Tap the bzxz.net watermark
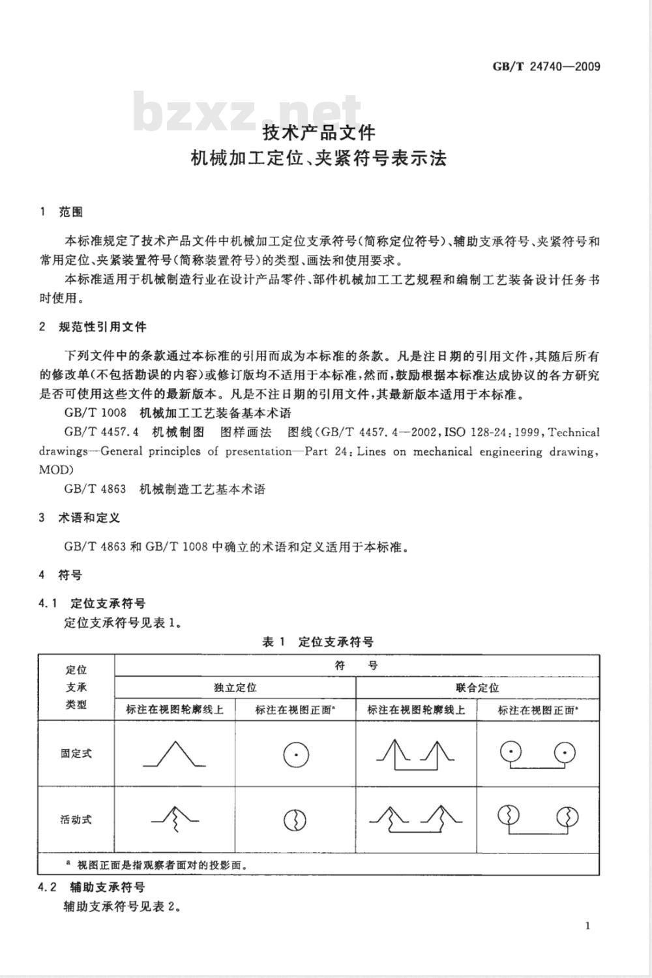[x=248, y=112]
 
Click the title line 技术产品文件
[x=319, y=133]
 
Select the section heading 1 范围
[x=62, y=212]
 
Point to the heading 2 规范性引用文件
[x=93, y=327]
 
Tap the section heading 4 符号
[x=61, y=575]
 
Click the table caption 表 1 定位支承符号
[x=318, y=642]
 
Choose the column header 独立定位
[x=235, y=687]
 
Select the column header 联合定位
[x=477, y=687]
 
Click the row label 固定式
[x=76, y=753]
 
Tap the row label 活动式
[x=76, y=820]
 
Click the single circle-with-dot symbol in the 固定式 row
[x=295, y=755]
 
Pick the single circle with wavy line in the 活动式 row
[x=295, y=820]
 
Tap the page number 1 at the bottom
[x=587, y=926]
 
